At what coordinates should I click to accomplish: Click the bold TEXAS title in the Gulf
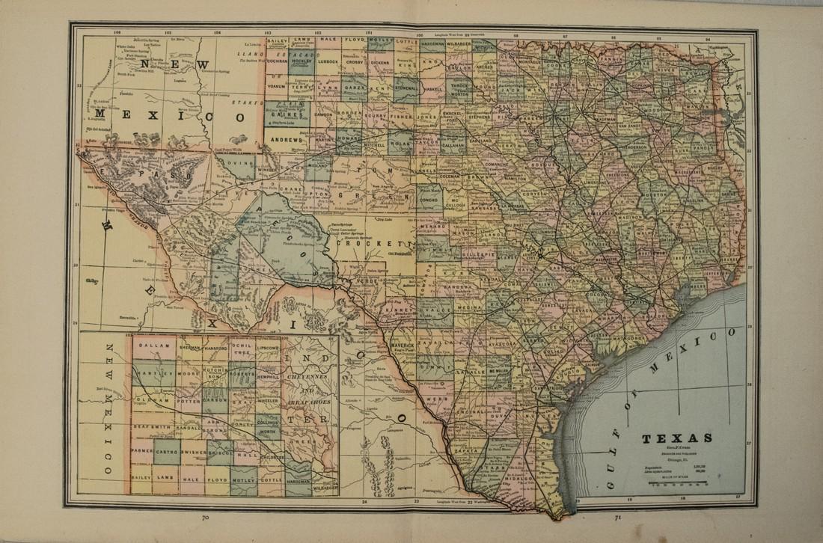[x=676, y=438]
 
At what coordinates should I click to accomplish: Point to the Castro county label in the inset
[x=167, y=452]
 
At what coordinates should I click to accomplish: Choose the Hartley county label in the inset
[x=155, y=372]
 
